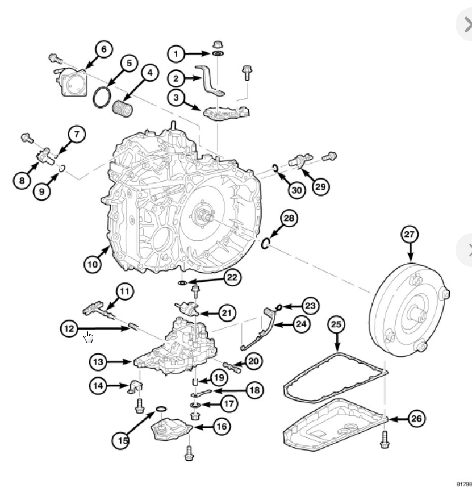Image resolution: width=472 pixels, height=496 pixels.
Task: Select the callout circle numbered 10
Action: (x=93, y=264)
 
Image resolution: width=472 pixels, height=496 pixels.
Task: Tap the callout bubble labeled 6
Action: (x=103, y=49)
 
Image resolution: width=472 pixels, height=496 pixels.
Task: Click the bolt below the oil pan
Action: (x=386, y=437)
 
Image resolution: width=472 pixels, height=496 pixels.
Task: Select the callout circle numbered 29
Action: (x=321, y=186)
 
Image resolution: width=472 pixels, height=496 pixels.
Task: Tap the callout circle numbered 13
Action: (x=99, y=361)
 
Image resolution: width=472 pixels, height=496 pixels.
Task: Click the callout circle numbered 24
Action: (x=302, y=324)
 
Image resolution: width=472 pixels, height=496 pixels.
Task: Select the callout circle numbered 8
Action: (x=22, y=180)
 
